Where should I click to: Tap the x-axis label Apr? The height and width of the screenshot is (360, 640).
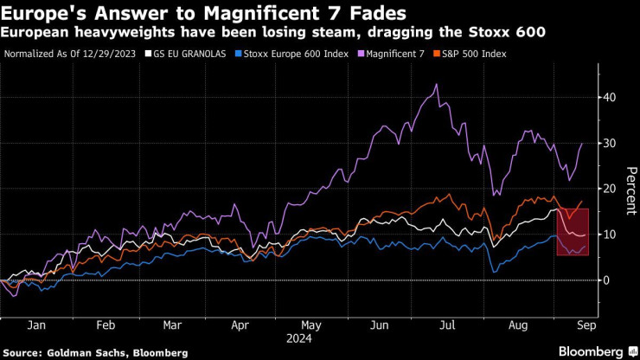240,327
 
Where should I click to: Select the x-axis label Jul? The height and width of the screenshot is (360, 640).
446,327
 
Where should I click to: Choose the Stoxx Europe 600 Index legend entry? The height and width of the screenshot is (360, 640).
293,54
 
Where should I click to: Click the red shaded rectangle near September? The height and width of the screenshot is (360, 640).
573,232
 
